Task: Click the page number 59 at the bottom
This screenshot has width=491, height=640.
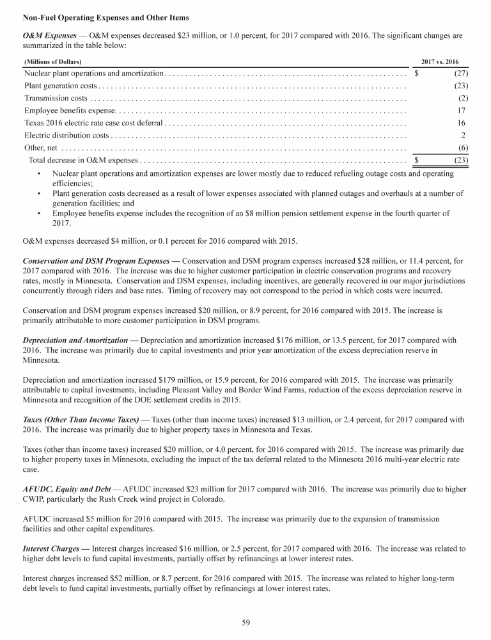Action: click(245, 621)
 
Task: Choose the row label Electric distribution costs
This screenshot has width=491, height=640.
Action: click(66, 135)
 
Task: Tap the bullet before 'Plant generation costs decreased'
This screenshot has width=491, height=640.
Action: click(40, 193)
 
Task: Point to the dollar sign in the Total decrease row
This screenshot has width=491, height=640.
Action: click(417, 159)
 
